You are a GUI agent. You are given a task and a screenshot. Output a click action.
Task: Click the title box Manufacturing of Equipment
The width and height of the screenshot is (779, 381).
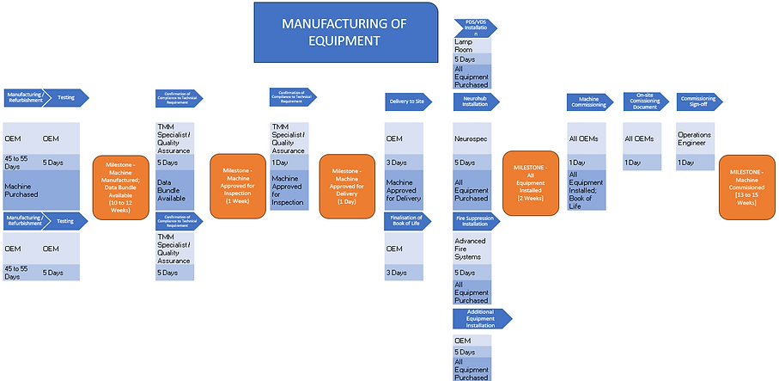(x=344, y=32)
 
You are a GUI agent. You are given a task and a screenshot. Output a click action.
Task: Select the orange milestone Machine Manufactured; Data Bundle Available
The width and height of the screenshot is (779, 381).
(x=126, y=187)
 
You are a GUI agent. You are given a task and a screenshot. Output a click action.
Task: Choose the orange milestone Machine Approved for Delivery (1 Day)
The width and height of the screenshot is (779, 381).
(x=347, y=187)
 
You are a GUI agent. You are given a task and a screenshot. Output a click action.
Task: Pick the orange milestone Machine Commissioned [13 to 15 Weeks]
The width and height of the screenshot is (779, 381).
(x=746, y=187)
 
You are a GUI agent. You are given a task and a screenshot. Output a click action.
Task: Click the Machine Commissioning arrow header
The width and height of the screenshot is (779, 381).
(x=592, y=101)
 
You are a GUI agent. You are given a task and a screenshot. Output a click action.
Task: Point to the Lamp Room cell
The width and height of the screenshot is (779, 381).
(x=472, y=46)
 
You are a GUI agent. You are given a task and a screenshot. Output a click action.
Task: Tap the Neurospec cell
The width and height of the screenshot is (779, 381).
(x=472, y=138)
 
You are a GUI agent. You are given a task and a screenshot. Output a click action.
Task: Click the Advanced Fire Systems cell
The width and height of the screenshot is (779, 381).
(x=472, y=250)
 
